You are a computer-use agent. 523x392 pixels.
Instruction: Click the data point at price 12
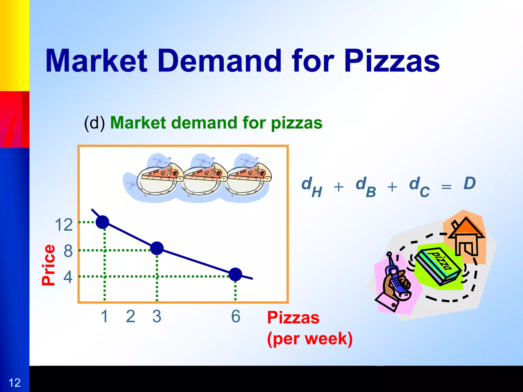pyautogui.click(x=102, y=222)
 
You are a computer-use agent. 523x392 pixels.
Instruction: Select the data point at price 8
pyautogui.click(x=157, y=248)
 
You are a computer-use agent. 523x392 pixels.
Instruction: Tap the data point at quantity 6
pyautogui.click(x=235, y=274)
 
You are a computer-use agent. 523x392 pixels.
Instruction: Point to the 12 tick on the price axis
pyautogui.click(x=64, y=225)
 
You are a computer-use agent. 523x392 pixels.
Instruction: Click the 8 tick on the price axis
pyautogui.click(x=68, y=251)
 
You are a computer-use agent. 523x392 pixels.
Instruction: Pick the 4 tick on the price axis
pyautogui.click(x=68, y=277)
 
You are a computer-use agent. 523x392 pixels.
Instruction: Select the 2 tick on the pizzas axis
pyautogui.click(x=130, y=316)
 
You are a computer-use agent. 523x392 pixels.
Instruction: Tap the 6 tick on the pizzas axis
pyautogui.click(x=236, y=316)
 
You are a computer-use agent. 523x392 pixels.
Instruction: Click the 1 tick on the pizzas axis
pyautogui.click(x=104, y=316)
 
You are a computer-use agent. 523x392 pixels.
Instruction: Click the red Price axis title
pyautogui.click(x=49, y=265)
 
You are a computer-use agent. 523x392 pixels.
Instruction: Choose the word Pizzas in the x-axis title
pyautogui.click(x=293, y=318)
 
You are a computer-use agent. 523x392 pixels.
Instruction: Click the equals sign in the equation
pyautogui.click(x=446, y=187)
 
